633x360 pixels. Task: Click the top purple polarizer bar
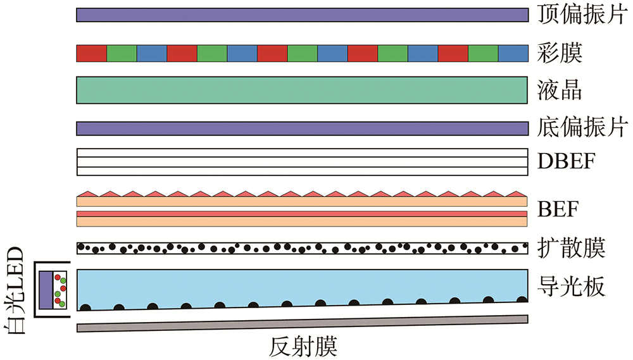(x=302, y=15)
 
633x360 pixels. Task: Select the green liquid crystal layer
(x=302, y=90)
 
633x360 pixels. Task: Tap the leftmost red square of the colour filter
(x=91, y=53)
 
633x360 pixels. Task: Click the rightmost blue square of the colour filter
(x=513, y=53)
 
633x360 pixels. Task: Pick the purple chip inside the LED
(x=46, y=289)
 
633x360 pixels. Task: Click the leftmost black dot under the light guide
(x=85, y=307)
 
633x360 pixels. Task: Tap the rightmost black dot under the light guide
(x=522, y=299)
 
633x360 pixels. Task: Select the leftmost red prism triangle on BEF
(x=86, y=192)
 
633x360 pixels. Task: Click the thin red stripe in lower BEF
(x=302, y=214)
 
